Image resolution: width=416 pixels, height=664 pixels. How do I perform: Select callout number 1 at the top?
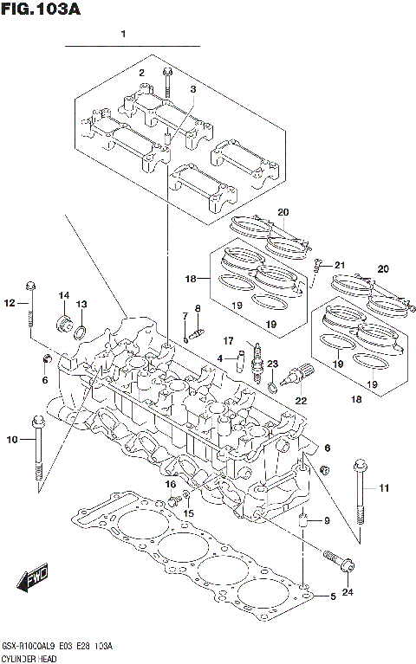pyautogui.click(x=124, y=35)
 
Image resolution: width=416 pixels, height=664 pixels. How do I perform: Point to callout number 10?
pyautogui.click(x=11, y=441)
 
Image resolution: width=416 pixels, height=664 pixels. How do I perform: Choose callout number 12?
pyautogui.click(x=10, y=303)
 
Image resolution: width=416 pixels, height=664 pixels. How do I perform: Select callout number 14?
pyautogui.click(x=64, y=296)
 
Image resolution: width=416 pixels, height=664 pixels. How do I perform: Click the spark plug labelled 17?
pyautogui.click(x=257, y=364)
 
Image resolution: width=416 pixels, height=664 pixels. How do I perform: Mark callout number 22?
pyautogui.click(x=301, y=399)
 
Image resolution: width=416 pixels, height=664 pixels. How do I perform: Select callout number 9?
pyautogui.click(x=327, y=520)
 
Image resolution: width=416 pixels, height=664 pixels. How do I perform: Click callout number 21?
pyautogui.click(x=340, y=265)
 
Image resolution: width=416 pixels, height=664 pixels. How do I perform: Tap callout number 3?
pyautogui.click(x=193, y=89)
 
